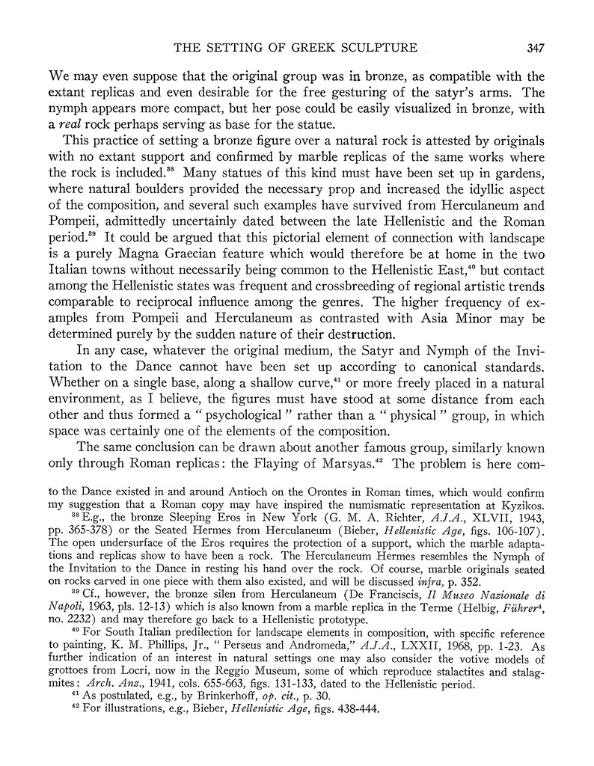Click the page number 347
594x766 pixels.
tap(535, 49)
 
